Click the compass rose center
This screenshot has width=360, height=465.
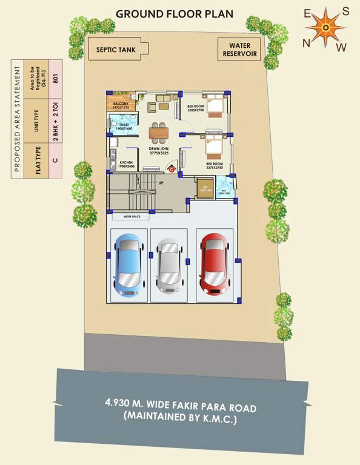coord(326,27)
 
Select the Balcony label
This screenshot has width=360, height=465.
coord(124,105)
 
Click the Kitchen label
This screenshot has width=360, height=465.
coord(126,164)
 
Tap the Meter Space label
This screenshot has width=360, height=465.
coord(132,215)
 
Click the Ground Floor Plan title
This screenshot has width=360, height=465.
coord(174,13)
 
